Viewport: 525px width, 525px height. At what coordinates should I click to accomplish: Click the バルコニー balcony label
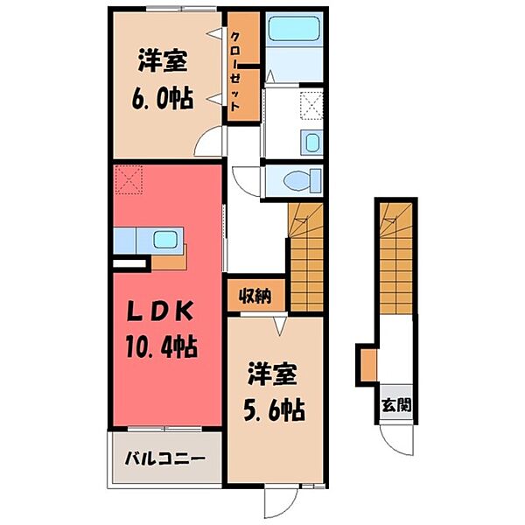pos(164,458)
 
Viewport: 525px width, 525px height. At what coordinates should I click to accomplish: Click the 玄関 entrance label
pos(395,405)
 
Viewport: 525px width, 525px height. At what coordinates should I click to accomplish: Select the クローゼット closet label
pos(237,68)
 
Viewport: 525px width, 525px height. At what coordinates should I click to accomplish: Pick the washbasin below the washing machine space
pos(311,143)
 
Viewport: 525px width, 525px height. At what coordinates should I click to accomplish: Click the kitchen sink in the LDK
pos(164,238)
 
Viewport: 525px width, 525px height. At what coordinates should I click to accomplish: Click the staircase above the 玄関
pos(396,254)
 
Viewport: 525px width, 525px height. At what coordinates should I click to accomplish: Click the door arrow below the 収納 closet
pos(279,325)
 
